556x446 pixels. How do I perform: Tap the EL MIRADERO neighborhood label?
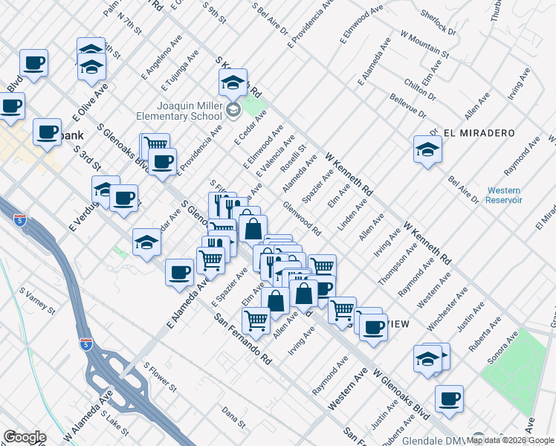coord(479,132)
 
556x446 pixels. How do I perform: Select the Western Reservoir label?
coord(505,195)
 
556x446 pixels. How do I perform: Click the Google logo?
coord(25,437)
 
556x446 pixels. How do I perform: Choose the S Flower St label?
coord(160,377)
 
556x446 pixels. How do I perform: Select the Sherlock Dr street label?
coord(438,23)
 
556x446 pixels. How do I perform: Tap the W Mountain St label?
coord(424,45)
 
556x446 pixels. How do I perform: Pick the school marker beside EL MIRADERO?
coord(427,149)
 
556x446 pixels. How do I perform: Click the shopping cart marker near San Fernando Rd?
coord(256,320)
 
